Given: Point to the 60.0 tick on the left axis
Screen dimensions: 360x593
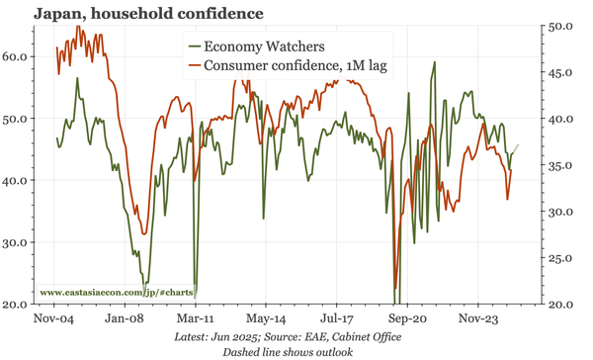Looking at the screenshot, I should [18, 56].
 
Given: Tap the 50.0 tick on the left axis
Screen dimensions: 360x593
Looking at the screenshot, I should [18, 119].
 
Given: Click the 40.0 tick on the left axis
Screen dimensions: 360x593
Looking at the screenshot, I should [18, 180].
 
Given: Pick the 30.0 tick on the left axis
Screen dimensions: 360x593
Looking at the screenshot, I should [18, 242].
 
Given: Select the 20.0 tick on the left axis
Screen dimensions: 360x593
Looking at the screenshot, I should [18, 304].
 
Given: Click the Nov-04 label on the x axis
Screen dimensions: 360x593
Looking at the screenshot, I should [53, 320].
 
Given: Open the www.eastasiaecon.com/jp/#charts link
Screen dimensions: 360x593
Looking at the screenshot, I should [118, 294].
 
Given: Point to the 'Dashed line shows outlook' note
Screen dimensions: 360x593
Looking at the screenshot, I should [288, 351].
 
